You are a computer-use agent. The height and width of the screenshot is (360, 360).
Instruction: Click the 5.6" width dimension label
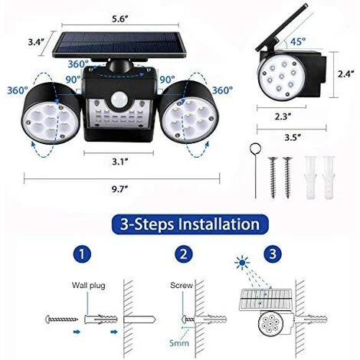coord(119,19)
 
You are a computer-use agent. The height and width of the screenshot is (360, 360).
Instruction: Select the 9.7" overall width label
coord(119,189)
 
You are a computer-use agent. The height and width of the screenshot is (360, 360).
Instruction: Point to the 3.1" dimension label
coord(120,162)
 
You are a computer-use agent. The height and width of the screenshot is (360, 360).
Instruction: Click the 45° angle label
coord(297,41)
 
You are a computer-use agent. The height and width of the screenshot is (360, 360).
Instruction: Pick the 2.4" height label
coord(346,74)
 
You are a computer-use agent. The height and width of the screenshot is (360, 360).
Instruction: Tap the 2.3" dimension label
coord(283,116)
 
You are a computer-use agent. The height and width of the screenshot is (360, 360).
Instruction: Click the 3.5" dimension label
coord(293,138)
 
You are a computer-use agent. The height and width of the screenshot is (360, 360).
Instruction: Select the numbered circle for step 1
coord(82,254)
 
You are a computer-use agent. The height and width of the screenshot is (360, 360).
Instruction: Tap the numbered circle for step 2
coord(184,254)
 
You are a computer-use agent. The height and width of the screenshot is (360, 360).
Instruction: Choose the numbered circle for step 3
coord(273,254)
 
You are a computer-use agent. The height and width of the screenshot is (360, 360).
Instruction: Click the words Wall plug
coord(88,285)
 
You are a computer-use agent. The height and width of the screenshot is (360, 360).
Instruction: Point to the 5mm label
coord(179,343)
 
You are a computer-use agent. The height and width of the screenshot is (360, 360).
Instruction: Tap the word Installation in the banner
coord(218,224)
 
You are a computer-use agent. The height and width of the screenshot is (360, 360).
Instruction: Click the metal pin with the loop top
coord(255,170)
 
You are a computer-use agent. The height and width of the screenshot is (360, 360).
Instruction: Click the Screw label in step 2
coord(182,285)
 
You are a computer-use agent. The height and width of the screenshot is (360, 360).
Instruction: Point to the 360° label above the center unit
coord(78,64)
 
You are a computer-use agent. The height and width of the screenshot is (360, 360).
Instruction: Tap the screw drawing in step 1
coord(61,319)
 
